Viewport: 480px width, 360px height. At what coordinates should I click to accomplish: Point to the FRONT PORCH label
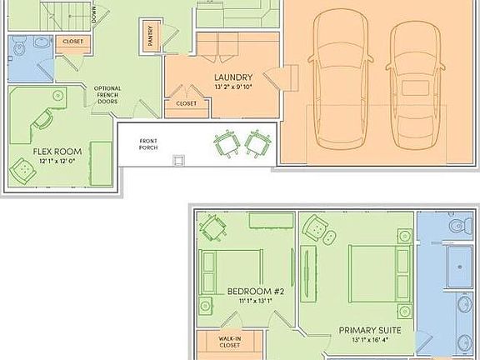pyautogui.click(x=150, y=143)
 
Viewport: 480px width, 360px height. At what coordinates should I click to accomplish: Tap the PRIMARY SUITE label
pyautogui.click(x=370, y=330)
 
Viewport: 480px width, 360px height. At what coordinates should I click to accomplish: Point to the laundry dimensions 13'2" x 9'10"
pyautogui.click(x=221, y=87)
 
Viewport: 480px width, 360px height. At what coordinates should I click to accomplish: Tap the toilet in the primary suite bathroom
pyautogui.click(x=456, y=225)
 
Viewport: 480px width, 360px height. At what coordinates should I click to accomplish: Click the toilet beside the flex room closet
pyautogui.click(x=18, y=49)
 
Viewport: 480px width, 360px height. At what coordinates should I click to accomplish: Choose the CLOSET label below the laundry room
pyautogui.click(x=186, y=103)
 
